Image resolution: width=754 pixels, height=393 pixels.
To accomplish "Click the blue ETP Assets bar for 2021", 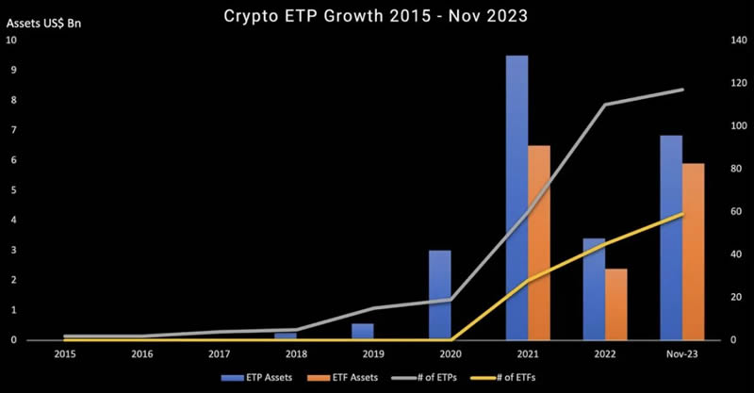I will [516, 198].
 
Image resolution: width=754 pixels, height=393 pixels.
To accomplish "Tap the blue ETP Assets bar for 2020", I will [439, 295].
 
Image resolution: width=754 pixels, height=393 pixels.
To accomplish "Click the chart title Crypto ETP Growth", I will [377, 15].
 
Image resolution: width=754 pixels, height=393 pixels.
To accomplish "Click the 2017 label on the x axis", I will [220, 354].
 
